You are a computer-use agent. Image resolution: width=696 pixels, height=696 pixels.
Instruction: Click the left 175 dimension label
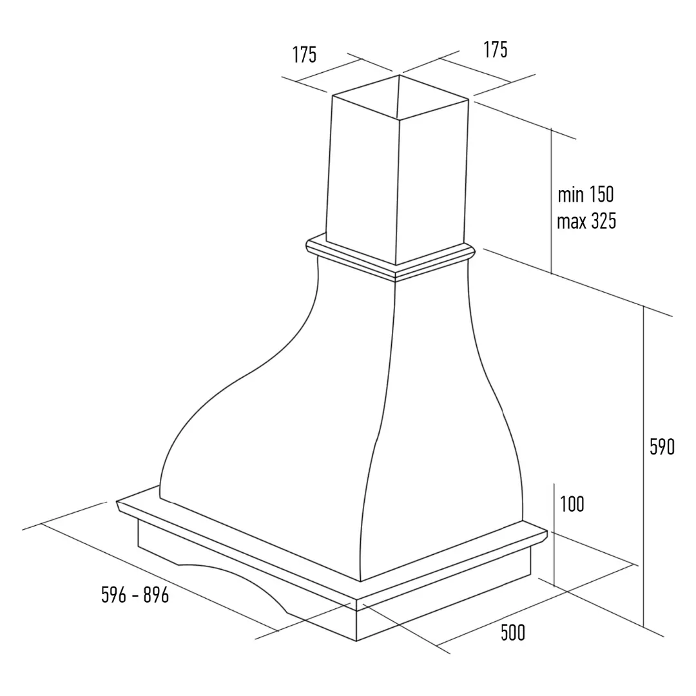point(304,55)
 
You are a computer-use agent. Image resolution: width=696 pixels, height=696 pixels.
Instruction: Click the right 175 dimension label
point(496,50)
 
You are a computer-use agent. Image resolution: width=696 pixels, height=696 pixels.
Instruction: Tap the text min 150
point(586,195)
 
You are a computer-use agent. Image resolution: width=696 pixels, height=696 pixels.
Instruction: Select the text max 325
point(586,221)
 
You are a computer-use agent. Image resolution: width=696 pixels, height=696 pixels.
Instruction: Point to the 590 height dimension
point(662,447)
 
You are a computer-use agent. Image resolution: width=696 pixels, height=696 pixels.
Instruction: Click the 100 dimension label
point(572,504)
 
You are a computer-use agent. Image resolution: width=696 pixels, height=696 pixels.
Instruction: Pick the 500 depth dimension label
point(513,633)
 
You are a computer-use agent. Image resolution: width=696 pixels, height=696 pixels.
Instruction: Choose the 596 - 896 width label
point(135,595)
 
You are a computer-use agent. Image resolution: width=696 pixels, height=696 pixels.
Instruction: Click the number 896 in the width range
point(156,595)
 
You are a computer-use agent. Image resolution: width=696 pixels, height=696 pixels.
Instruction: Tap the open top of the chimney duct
point(400,97)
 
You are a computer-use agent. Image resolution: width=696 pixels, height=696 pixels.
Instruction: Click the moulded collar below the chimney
point(391,257)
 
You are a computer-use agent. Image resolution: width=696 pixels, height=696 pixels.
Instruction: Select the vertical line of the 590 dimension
point(643,466)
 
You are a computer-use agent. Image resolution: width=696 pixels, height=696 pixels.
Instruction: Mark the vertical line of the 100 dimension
point(554,535)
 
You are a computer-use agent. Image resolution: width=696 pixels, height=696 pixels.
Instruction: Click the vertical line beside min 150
point(551,200)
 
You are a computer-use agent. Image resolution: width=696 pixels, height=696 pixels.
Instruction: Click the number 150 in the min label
point(601,195)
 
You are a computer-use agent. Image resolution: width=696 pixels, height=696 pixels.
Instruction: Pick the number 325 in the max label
point(603,221)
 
